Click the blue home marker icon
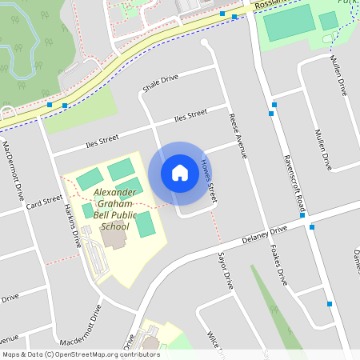coord(180,172)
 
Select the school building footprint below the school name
coord(117,240)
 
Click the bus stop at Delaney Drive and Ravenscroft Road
coord(312,227)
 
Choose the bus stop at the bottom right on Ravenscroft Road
coord(329,303)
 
